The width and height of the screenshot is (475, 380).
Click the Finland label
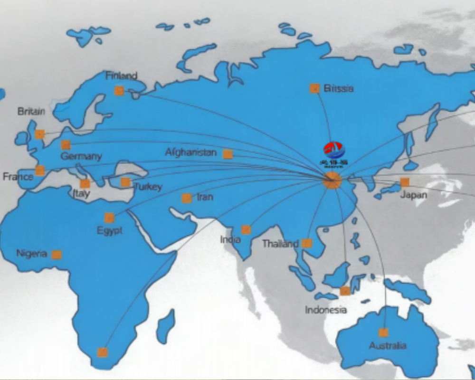click(x=121, y=76)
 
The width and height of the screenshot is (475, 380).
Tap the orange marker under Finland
click(x=119, y=91)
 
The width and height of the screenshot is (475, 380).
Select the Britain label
click(x=31, y=111)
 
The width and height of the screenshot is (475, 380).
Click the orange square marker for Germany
click(x=66, y=145)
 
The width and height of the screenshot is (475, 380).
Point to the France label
click(x=18, y=177)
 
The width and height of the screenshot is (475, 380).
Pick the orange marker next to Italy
click(x=85, y=183)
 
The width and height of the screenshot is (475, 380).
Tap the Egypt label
click(x=110, y=230)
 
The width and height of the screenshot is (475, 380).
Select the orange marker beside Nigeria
click(x=57, y=255)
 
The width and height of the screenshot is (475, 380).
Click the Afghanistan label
click(x=190, y=152)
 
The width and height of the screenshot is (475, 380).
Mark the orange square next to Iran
click(x=187, y=198)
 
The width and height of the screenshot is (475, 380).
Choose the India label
click(x=230, y=239)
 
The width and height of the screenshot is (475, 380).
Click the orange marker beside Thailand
click(x=307, y=243)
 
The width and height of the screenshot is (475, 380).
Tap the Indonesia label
click(x=326, y=310)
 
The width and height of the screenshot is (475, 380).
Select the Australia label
click(x=388, y=345)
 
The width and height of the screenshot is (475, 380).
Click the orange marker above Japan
click(x=405, y=182)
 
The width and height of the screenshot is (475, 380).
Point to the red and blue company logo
click(x=334, y=151)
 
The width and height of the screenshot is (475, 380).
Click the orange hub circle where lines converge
click(x=332, y=180)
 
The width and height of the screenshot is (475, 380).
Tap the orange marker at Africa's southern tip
click(x=102, y=352)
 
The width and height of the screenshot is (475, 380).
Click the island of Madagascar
click(x=165, y=327)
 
